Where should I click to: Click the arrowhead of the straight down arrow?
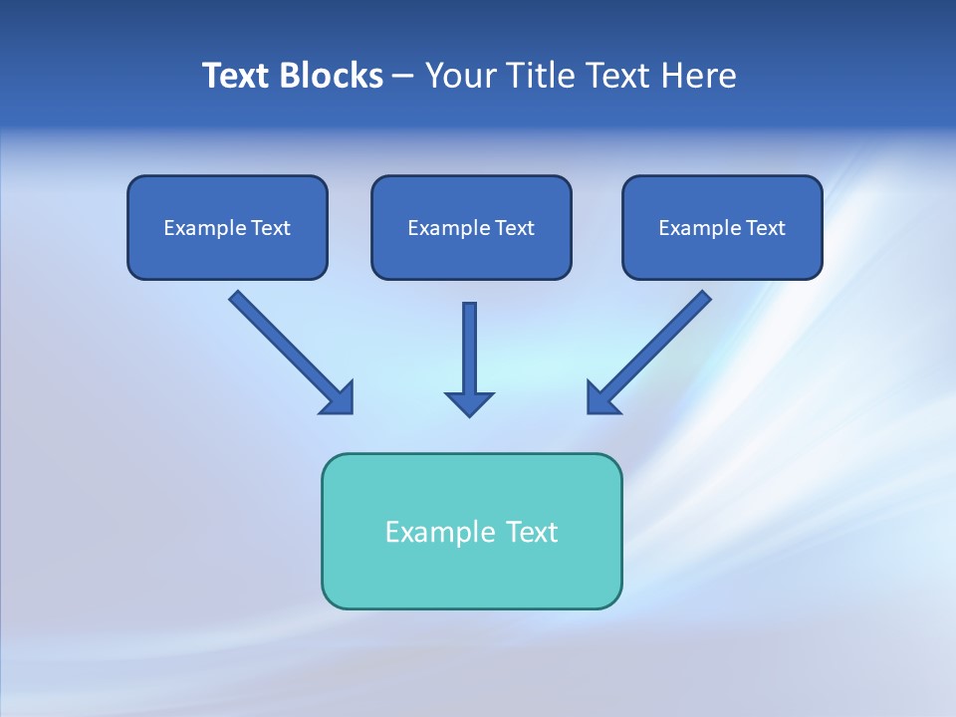pyautogui.click(x=469, y=403)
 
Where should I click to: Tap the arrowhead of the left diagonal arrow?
pyautogui.click(x=340, y=399)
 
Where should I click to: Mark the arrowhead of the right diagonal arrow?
pyautogui.click(x=601, y=399)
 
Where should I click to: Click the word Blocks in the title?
pyautogui.click(x=332, y=76)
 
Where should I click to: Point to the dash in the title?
pyautogui.click(x=403, y=77)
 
